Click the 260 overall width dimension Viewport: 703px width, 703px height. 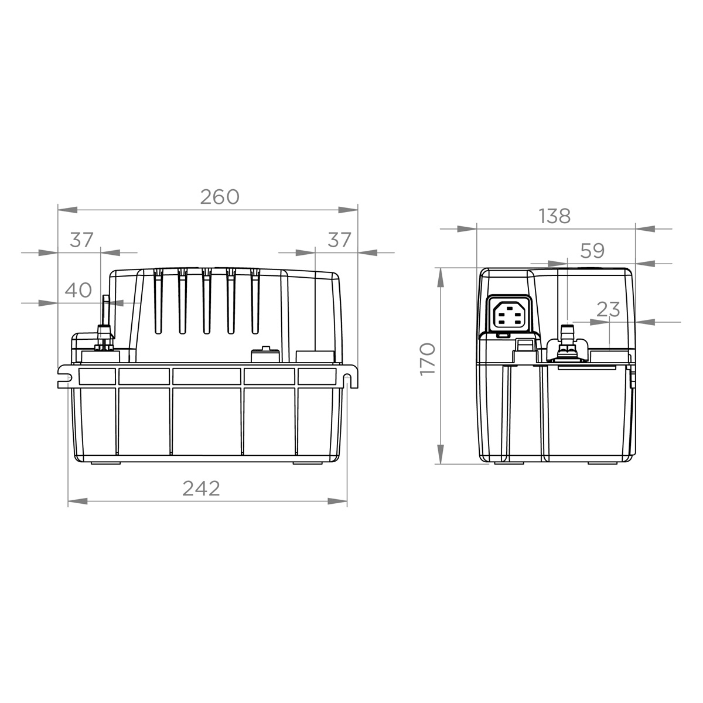(x=220, y=197)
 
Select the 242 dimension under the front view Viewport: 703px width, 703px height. (x=201, y=488)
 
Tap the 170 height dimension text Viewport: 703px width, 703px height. (x=428, y=359)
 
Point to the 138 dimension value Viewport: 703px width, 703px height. (x=554, y=216)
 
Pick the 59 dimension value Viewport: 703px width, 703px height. (x=592, y=251)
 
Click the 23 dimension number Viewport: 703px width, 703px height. (x=608, y=310)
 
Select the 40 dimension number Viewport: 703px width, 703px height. (x=79, y=290)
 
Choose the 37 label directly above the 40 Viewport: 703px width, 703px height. (x=82, y=240)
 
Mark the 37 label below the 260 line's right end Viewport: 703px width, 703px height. (x=339, y=240)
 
